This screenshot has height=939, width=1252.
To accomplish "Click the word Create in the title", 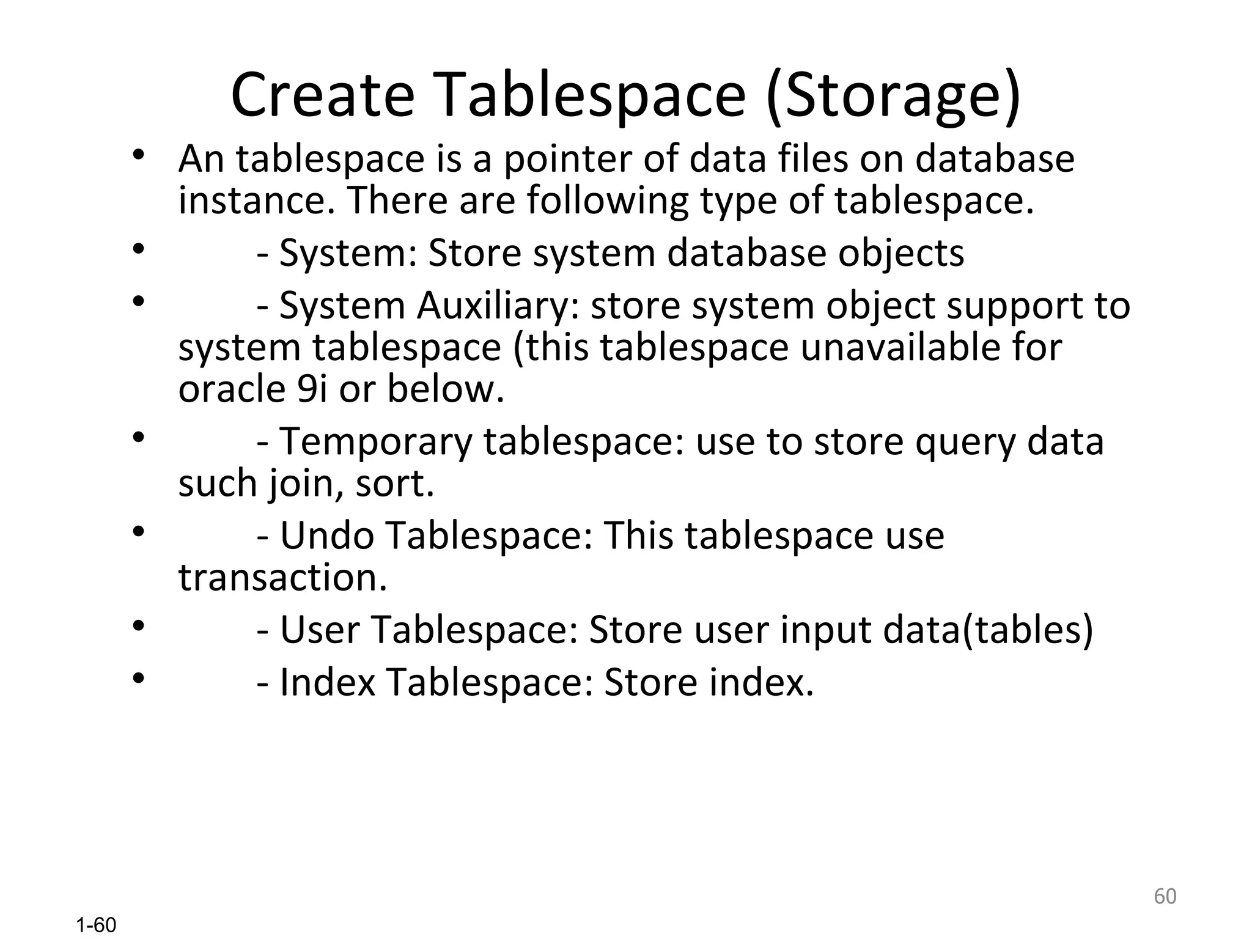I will [323, 95].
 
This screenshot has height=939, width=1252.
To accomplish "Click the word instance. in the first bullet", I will [257, 201].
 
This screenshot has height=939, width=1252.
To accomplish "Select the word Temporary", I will [376, 441].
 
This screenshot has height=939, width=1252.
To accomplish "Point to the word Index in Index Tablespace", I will [328, 682].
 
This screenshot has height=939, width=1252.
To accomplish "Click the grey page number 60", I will [1165, 896].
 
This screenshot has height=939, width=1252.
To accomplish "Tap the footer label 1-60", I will [96, 926].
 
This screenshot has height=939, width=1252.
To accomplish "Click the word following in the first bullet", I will [608, 201].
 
